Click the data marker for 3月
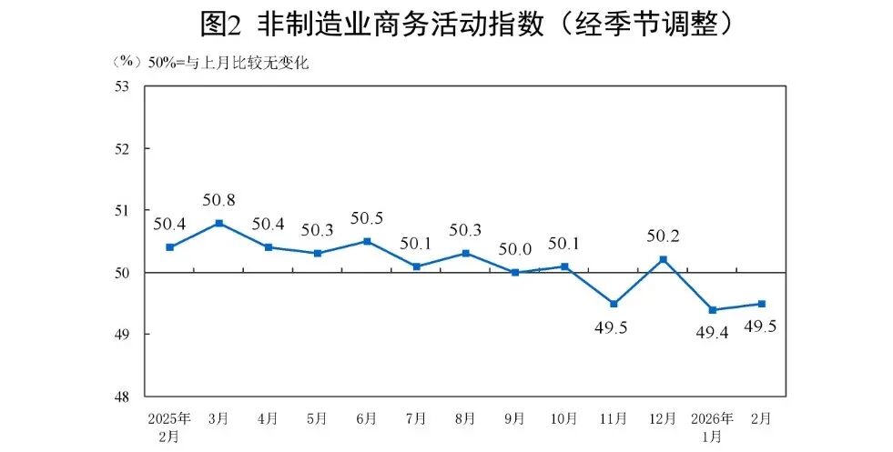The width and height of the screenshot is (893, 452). pos(219,223)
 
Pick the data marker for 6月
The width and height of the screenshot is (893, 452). pos(367,241)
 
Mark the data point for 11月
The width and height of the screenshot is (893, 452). pos(614,304)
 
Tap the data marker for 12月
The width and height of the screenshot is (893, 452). pos(663,259)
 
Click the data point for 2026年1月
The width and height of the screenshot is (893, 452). pos(712,310)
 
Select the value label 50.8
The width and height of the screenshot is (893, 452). pos(219,198)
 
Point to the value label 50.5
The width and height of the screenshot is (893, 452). pos(367,217)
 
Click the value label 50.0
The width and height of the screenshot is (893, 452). pos(514,247)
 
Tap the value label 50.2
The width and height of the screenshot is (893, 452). pos(663,236)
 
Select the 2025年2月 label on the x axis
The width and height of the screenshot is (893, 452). pos(169,427)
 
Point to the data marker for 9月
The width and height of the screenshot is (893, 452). pos(514,272)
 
